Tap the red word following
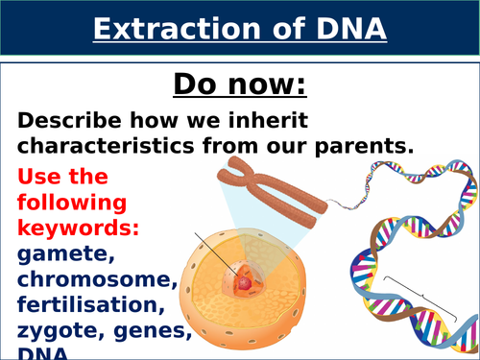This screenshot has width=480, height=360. tap(72, 204)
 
